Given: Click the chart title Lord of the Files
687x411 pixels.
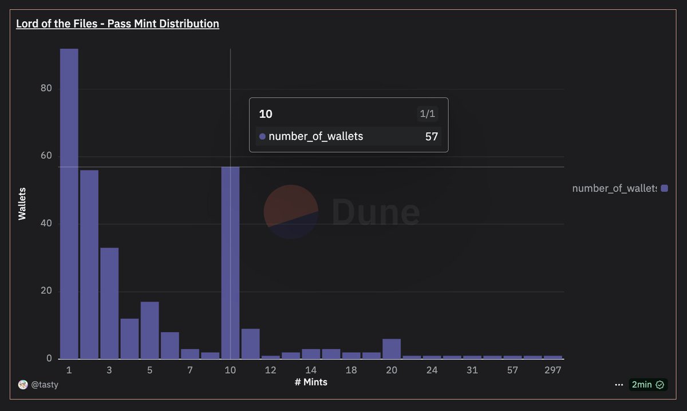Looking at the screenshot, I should tap(117, 23).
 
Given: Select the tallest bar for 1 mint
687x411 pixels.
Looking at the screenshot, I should tap(69, 203).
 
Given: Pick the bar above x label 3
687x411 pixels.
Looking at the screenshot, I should tap(109, 303).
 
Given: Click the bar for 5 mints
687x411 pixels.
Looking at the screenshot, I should tap(149, 330).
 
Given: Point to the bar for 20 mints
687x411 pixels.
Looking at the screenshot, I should tap(392, 349).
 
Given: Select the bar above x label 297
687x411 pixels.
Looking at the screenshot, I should tap(552, 357).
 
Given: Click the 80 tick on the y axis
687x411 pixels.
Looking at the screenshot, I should tap(46, 88).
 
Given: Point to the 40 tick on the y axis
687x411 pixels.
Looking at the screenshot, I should tap(46, 223).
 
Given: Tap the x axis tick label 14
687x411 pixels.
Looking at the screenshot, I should tap(311, 370).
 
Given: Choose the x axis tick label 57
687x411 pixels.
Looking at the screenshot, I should tap(512, 370).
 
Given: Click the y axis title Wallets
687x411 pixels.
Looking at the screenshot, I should tap(22, 203).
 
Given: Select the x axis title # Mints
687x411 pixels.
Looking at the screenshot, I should tap(311, 382).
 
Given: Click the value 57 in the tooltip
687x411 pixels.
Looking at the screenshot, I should tap(431, 136).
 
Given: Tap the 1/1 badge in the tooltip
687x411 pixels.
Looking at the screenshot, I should tap(427, 114).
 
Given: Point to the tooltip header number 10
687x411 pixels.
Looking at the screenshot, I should tap(266, 114).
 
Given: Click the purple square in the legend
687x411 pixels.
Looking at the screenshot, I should tap(664, 188).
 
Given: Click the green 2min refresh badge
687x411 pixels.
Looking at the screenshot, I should tap(647, 385).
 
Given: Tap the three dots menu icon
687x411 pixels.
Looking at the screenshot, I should tap(618, 385).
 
